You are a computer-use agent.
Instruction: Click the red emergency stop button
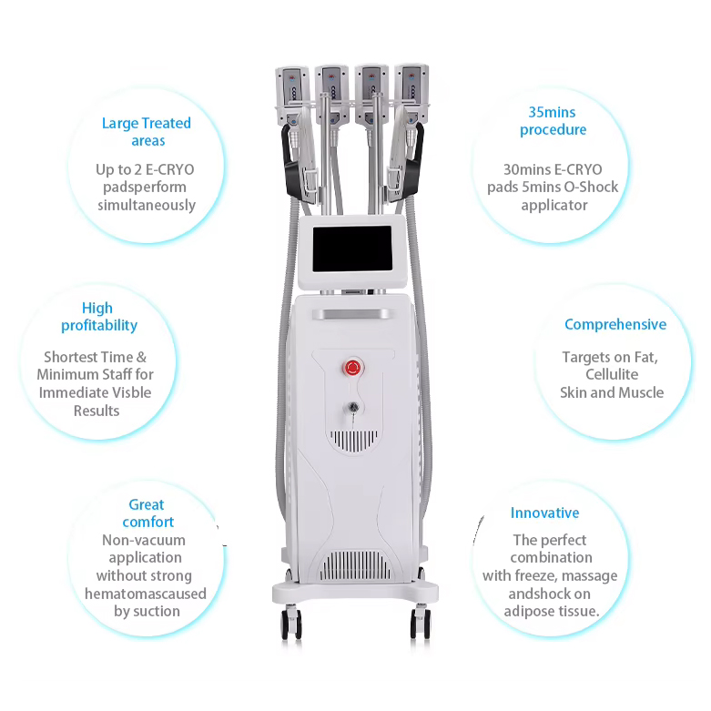350,367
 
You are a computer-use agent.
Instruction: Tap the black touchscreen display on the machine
350,249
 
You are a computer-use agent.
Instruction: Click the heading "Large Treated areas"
147,132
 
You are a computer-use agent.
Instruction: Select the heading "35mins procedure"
553,121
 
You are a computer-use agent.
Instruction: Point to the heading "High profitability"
98,317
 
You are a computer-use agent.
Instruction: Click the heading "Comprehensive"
615,324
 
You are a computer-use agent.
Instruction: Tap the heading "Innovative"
544,513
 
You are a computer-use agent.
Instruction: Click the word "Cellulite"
612,374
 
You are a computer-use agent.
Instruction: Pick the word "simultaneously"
147,205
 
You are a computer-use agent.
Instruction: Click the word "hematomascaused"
146,594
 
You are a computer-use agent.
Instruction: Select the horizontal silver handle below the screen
351,313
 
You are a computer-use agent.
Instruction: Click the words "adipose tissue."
552,611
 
